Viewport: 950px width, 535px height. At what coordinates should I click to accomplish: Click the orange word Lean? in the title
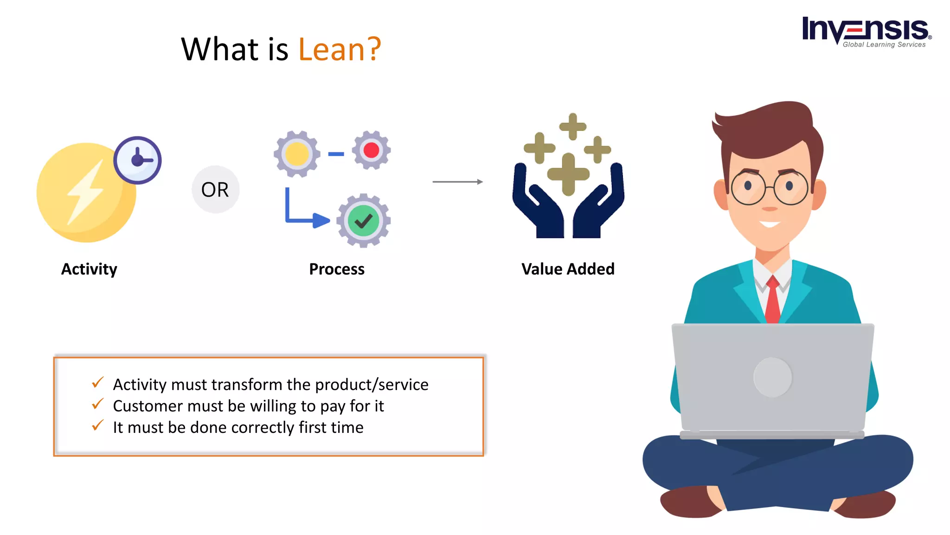(x=339, y=49)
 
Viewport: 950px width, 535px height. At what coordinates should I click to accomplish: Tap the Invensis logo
(x=866, y=32)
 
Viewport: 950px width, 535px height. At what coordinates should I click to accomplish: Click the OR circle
(x=215, y=189)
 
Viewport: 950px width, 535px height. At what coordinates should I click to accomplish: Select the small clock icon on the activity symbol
(x=137, y=160)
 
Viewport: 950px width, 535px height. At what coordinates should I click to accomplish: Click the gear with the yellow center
(x=297, y=154)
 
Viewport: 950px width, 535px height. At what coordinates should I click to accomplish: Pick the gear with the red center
(x=371, y=150)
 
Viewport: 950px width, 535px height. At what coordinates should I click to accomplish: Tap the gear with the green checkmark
(x=363, y=221)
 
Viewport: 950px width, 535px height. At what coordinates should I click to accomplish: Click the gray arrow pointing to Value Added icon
(x=457, y=182)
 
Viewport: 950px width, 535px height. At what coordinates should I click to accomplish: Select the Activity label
(x=89, y=269)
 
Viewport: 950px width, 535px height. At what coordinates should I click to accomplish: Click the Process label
(x=337, y=269)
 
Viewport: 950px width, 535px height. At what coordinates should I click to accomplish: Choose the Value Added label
(x=568, y=269)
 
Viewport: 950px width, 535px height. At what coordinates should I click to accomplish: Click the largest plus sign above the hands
(x=568, y=174)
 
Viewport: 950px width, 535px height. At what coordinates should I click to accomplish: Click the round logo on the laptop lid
(x=773, y=377)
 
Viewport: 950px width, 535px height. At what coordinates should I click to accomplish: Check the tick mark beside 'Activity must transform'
(x=97, y=383)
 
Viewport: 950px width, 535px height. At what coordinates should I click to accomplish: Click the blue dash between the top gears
(x=336, y=154)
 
